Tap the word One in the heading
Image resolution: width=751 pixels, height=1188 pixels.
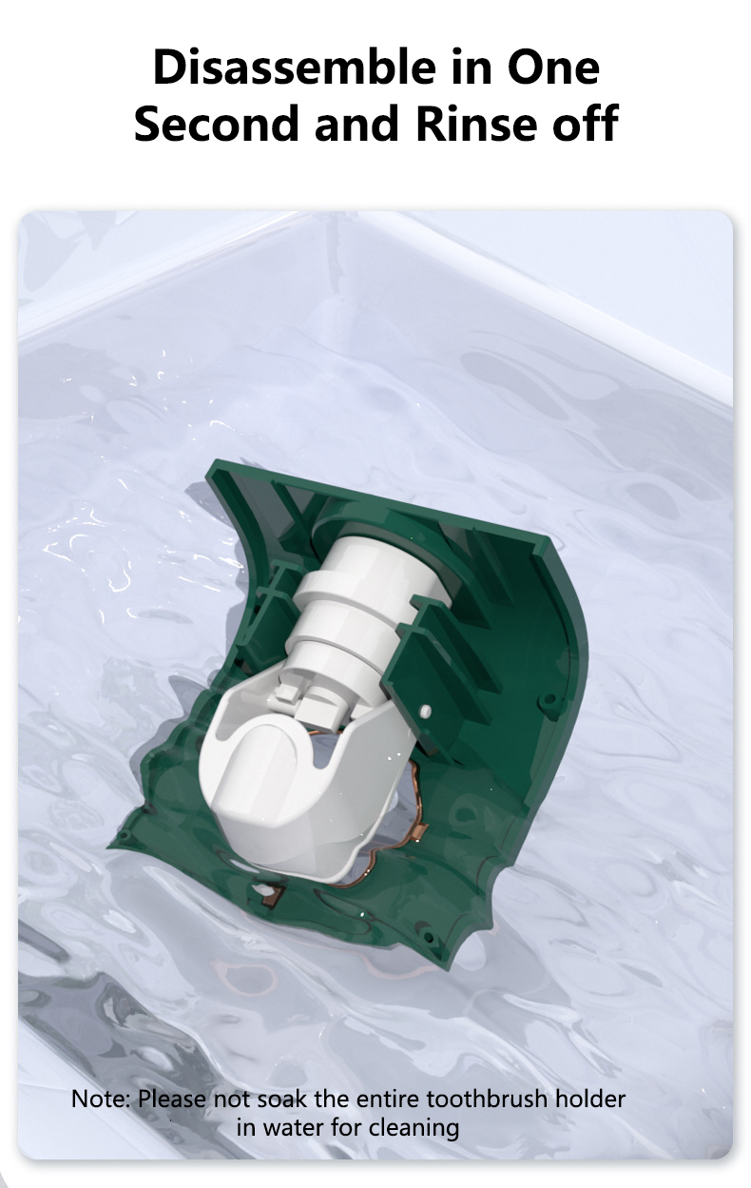coord(552,68)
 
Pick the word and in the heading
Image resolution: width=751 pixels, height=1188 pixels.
coord(356,124)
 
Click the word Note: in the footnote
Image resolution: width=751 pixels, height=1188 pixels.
coord(100,1099)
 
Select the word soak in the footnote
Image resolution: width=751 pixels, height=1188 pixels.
coord(282,1099)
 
